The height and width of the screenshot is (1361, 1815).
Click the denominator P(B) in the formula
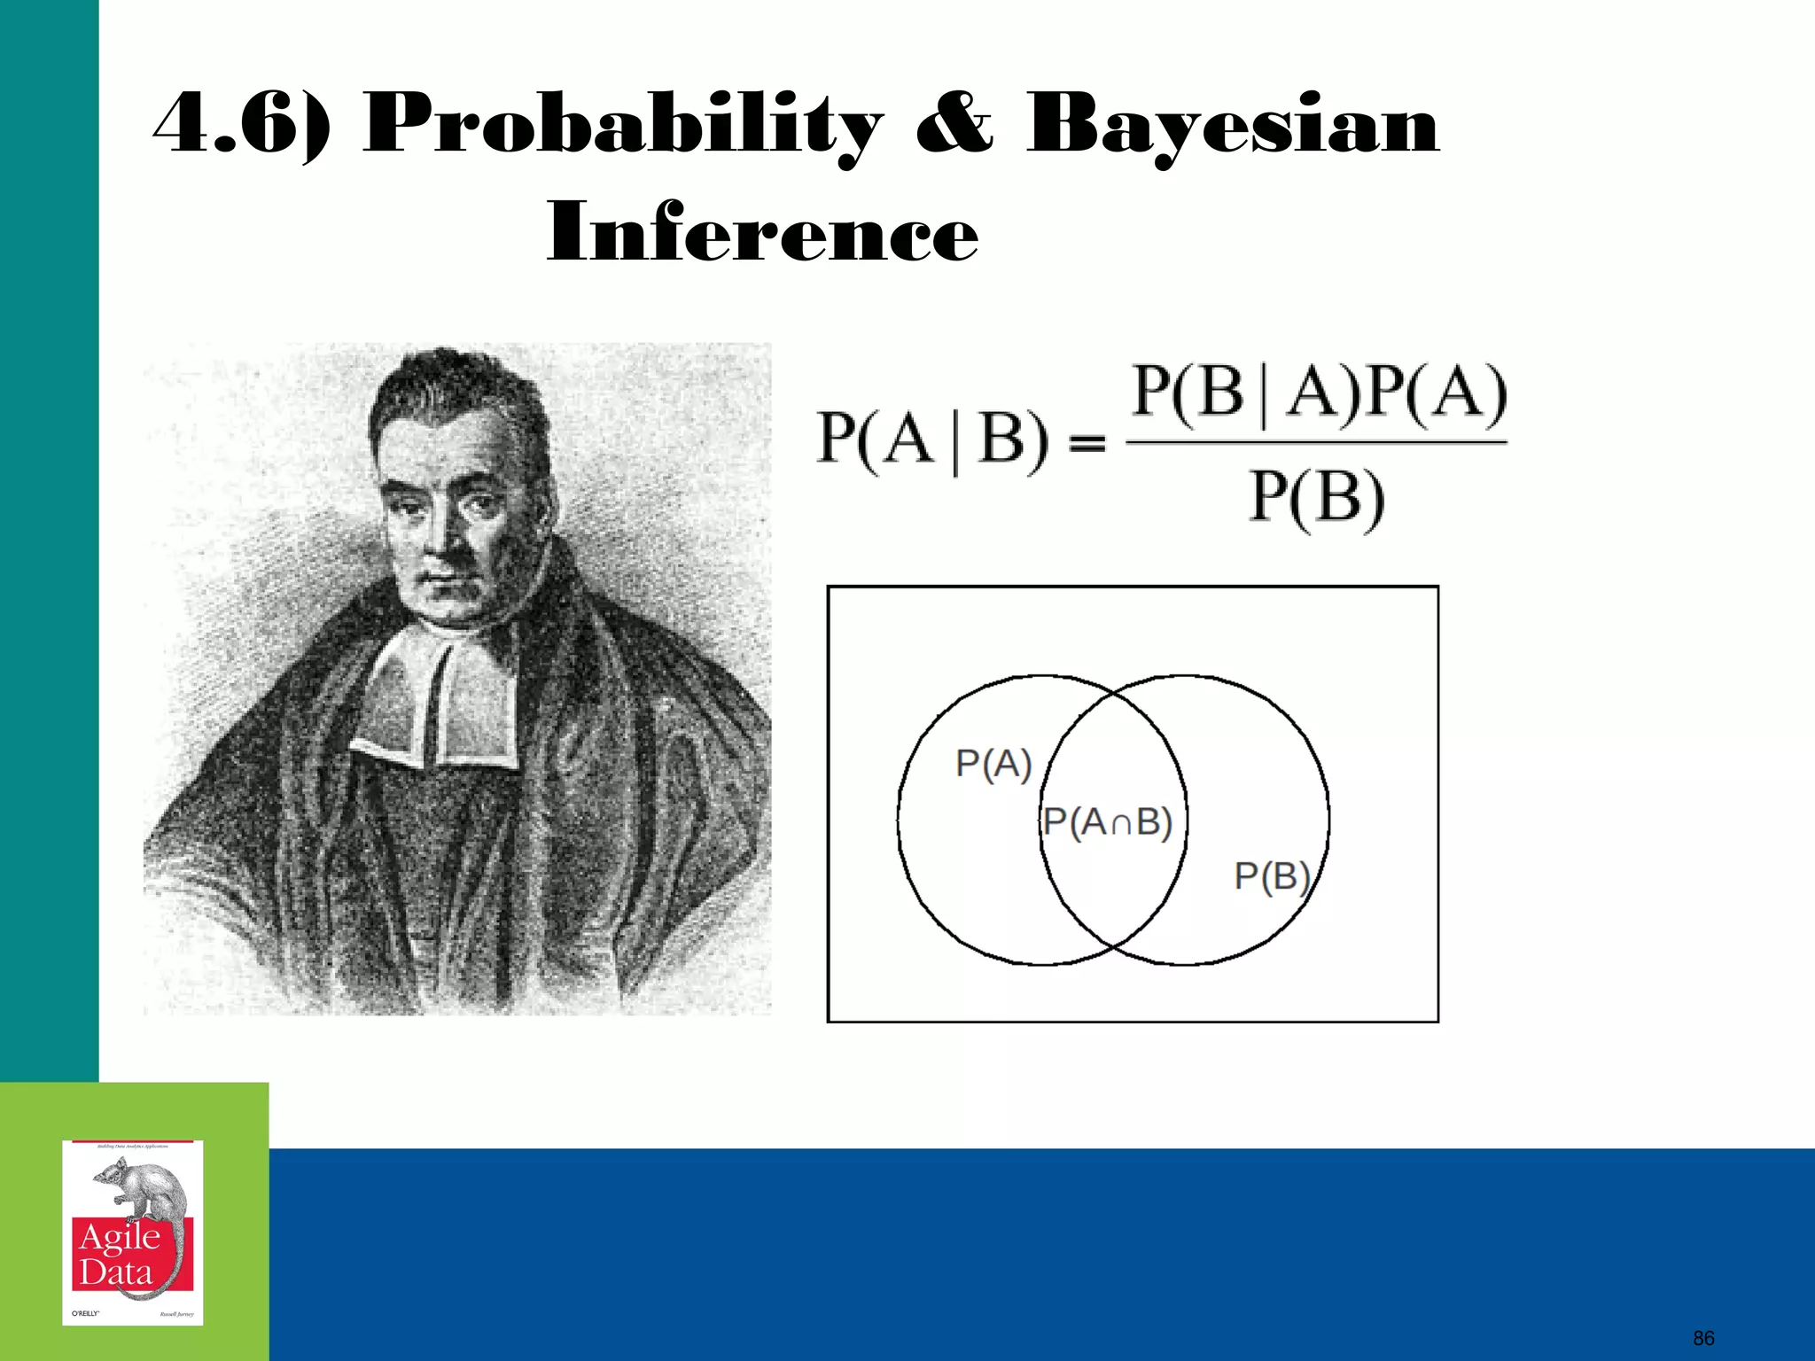pos(1317,498)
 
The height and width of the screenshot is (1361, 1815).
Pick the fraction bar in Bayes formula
pos(1317,442)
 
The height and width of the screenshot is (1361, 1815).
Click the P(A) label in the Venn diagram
pos(993,763)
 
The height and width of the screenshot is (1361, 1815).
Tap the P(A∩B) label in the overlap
pos(1108,822)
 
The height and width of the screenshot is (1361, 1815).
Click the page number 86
pos(1703,1338)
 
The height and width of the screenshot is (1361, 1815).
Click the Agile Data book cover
pos(133,1233)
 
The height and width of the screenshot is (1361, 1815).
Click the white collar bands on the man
pos(434,700)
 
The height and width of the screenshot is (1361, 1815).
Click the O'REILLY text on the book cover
pos(85,1313)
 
